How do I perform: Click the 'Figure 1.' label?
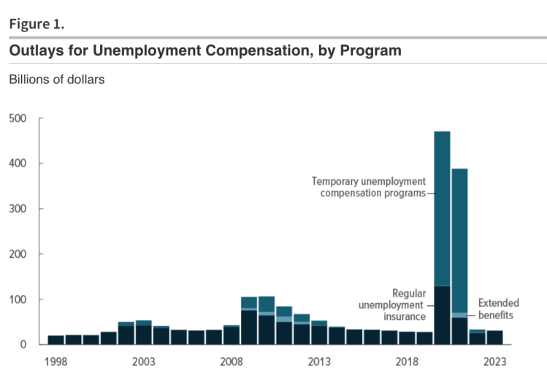pyautogui.click(x=37, y=23)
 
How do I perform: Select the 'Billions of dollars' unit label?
pyautogui.click(x=56, y=80)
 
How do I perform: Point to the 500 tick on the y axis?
pyautogui.click(x=18, y=118)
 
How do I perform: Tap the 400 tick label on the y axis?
pyautogui.click(x=18, y=164)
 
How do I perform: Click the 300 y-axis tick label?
pyautogui.click(x=18, y=209)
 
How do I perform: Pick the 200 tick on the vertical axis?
pyautogui.click(x=18, y=254)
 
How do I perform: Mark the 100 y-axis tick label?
pyautogui.click(x=18, y=299)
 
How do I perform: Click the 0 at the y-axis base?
pyautogui.click(x=23, y=345)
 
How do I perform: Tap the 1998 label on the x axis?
pyautogui.click(x=56, y=362)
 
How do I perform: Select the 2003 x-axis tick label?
pyautogui.click(x=144, y=362)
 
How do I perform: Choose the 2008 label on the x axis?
pyautogui.click(x=232, y=362)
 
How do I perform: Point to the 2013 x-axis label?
pyautogui.click(x=319, y=362)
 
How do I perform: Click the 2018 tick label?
pyautogui.click(x=407, y=362)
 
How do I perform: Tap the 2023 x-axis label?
pyautogui.click(x=494, y=362)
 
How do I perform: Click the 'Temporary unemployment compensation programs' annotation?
pyautogui.click(x=368, y=187)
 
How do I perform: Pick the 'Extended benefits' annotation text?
pyautogui.click(x=498, y=308)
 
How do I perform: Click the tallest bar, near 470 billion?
pyautogui.click(x=442, y=219)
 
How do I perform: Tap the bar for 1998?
pyautogui.click(x=56, y=340)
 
